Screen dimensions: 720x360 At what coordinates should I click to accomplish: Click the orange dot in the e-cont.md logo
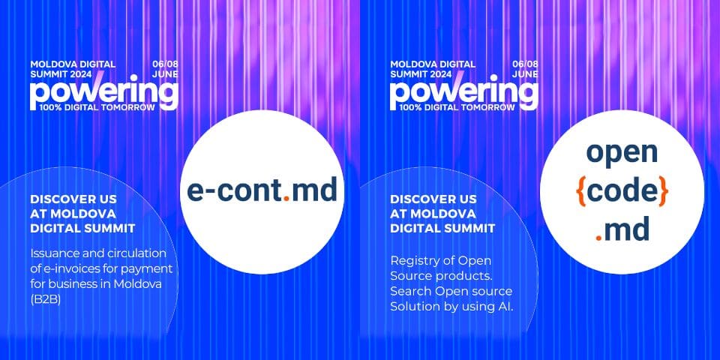pyautogui.click(x=286, y=199)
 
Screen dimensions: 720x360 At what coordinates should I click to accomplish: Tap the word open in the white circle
pyautogui.click(x=622, y=153)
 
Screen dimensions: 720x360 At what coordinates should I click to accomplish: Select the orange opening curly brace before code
pyautogui.click(x=580, y=192)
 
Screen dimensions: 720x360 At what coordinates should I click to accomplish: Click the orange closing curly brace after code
pyautogui.click(x=663, y=192)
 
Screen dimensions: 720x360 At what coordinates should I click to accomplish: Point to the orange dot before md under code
pyautogui.click(x=598, y=238)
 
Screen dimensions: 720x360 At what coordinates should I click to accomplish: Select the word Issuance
pyautogui.click(x=52, y=253)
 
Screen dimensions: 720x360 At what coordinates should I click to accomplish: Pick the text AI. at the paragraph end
pyautogui.click(x=505, y=307)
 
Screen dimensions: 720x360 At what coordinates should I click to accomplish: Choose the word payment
pyautogui.click(x=153, y=268)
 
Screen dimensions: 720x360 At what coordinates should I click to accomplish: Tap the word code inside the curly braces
pyautogui.click(x=622, y=191)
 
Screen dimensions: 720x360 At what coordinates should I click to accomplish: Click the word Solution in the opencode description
pyautogui.click(x=410, y=307)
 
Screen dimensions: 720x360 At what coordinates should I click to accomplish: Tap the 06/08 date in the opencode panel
pyautogui.click(x=525, y=64)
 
